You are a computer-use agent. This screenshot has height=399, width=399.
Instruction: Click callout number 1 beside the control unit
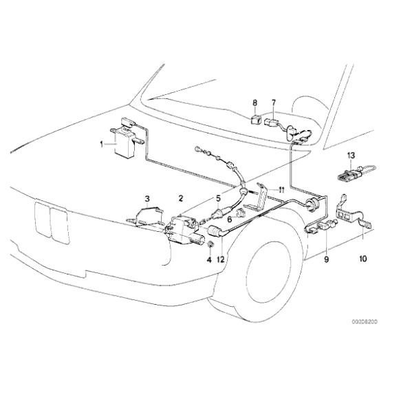click(x=102, y=144)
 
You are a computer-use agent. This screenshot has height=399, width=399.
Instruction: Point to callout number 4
click(x=209, y=259)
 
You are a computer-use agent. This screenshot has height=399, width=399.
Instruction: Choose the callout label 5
click(x=218, y=198)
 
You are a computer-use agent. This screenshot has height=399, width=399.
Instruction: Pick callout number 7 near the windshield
click(x=273, y=103)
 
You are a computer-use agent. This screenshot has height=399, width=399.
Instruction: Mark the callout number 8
click(x=255, y=103)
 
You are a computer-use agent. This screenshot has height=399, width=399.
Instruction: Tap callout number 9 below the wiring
click(x=326, y=259)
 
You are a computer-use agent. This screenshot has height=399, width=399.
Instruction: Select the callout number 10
click(x=363, y=259)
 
